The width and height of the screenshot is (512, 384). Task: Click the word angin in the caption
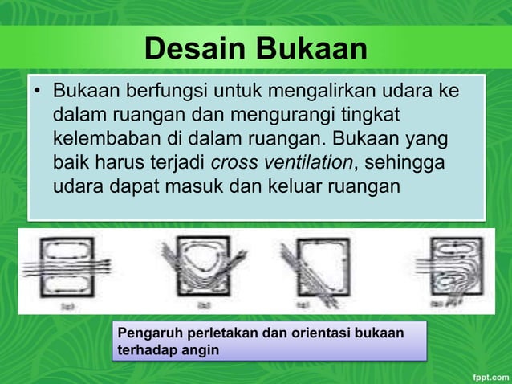pyautogui.click(x=199, y=350)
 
